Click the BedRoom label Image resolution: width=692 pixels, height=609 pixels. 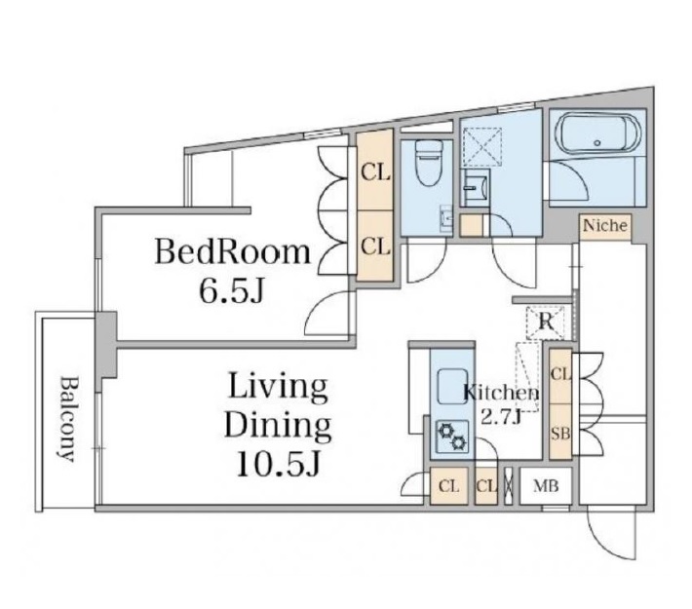(233, 251)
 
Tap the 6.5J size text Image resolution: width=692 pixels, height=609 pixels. (231, 290)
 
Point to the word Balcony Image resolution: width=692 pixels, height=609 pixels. (67, 419)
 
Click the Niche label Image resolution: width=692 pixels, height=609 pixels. (605, 226)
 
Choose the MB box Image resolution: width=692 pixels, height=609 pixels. (546, 486)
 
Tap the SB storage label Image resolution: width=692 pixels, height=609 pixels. (560, 435)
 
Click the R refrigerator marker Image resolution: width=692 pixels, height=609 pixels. (546, 323)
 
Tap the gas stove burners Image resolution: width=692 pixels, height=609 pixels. (451, 436)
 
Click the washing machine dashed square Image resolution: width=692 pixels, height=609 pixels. (482, 146)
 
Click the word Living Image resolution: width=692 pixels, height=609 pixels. (278, 388)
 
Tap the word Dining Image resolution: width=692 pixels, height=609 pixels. (278, 426)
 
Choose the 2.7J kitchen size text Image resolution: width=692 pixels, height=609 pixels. (501, 417)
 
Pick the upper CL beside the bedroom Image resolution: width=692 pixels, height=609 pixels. (375, 173)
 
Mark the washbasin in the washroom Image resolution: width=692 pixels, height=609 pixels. (476, 188)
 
